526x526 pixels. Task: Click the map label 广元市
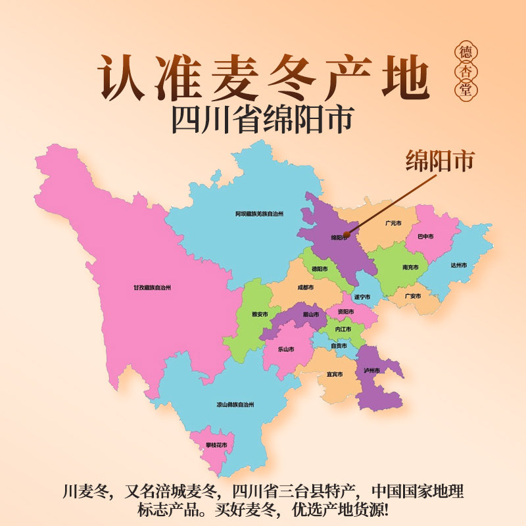pyautogui.click(x=394, y=224)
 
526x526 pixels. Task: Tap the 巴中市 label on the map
pyautogui.click(x=425, y=236)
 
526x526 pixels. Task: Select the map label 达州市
pyautogui.click(x=458, y=265)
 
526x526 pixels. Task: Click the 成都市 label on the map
pyautogui.click(x=305, y=287)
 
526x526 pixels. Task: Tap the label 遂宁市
pyautogui.click(x=363, y=297)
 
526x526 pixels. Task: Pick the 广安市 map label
pyautogui.click(x=412, y=296)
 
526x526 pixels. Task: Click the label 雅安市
pyautogui.click(x=260, y=314)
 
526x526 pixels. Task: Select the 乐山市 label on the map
pyautogui.click(x=285, y=349)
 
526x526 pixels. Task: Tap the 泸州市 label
pyautogui.click(x=372, y=371)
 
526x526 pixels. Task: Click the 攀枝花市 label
pyautogui.click(x=216, y=445)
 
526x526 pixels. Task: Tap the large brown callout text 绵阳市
pyautogui.click(x=440, y=161)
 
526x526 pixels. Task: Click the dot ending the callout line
pyautogui.click(x=346, y=231)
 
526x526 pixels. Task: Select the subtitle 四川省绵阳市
pyautogui.click(x=262, y=119)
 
